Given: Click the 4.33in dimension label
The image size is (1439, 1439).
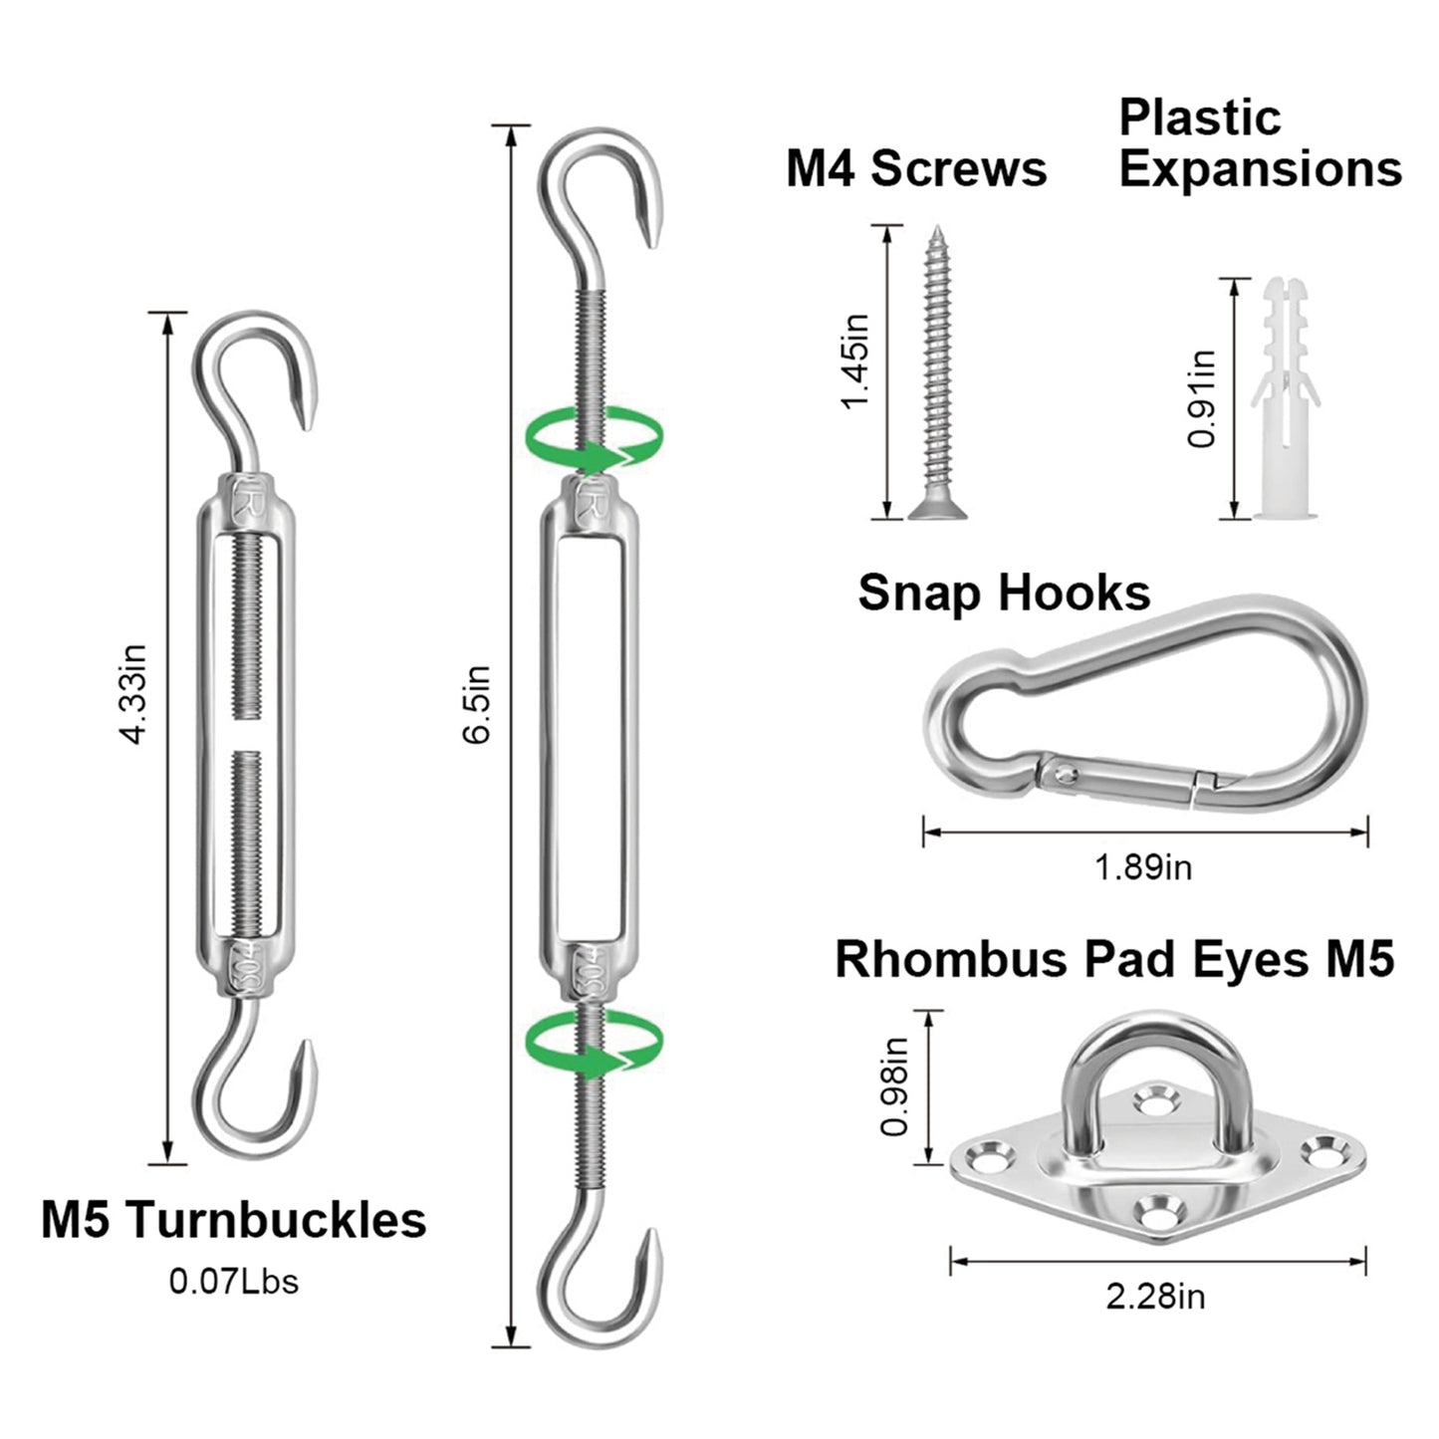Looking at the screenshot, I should [133, 694].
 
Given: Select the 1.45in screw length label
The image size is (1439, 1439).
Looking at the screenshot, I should [854, 360].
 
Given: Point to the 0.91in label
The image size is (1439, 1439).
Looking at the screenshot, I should [1203, 398].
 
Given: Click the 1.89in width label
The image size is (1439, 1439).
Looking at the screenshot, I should [1143, 867].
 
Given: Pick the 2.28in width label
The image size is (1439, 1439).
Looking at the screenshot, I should [1155, 1297].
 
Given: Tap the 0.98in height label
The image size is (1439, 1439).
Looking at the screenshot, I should [894, 1085].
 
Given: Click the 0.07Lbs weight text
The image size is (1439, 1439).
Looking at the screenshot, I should [233, 1281].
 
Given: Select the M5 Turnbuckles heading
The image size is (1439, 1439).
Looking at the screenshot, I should [233, 1220].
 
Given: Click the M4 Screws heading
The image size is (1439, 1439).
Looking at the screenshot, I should [916, 168].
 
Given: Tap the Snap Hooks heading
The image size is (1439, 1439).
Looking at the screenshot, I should [1004, 593].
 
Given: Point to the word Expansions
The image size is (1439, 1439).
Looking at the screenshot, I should [1260, 168].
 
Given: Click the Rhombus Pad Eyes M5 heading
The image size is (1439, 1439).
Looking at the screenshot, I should [1114, 959].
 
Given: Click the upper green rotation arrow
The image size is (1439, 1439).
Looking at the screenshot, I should [595, 438].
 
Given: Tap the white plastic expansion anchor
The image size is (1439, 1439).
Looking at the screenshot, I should [1284, 398].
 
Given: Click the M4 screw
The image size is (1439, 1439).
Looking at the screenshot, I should [935, 373].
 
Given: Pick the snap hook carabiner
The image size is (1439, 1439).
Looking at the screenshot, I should [1145, 706].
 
